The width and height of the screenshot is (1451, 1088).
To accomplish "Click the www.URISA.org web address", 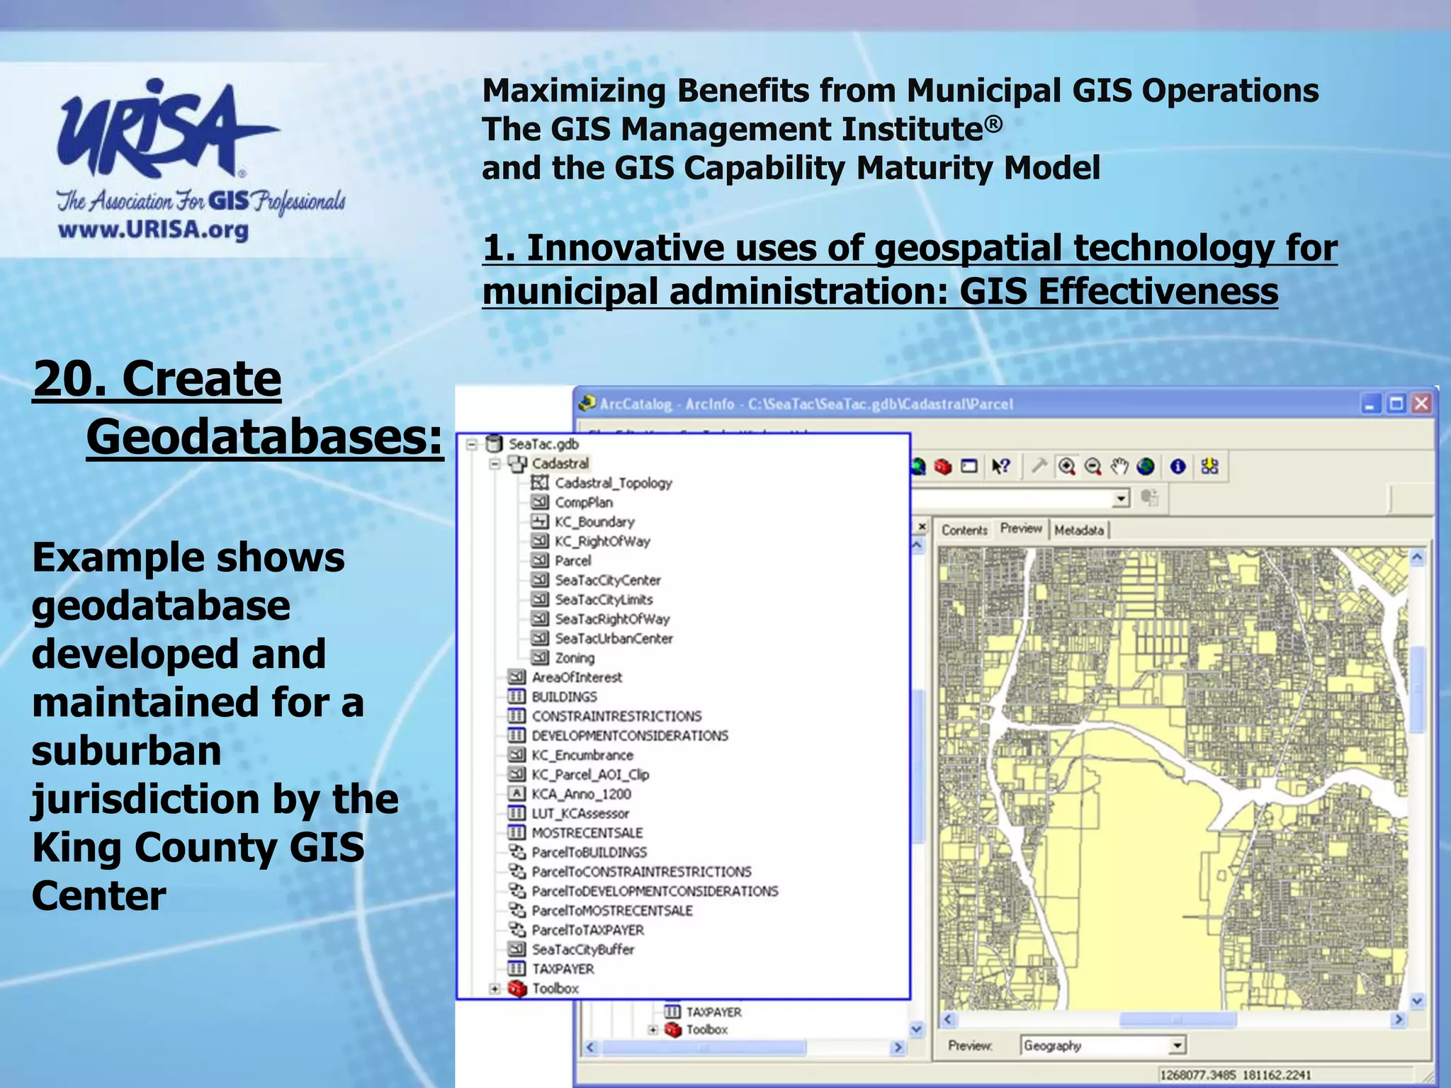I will click(153, 230).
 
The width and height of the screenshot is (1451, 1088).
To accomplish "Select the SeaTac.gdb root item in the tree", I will click(543, 444).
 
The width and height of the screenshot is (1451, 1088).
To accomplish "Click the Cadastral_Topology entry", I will click(613, 483).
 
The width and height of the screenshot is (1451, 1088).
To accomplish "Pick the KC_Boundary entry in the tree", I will click(594, 522).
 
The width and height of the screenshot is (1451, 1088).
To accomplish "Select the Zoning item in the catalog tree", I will click(574, 658).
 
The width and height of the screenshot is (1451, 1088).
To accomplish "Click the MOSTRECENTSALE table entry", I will click(587, 833).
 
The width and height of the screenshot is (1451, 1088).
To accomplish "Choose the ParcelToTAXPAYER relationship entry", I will click(587, 930).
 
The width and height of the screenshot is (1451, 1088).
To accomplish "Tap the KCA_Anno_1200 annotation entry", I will click(581, 794).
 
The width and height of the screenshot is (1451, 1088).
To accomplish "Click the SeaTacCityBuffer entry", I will click(582, 949).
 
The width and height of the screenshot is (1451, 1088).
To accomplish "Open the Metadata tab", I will click(1079, 530).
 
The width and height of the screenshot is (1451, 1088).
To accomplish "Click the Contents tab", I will click(964, 530).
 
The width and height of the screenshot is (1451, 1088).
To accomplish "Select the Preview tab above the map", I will click(1021, 528).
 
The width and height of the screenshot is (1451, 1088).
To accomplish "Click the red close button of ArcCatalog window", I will click(1421, 404).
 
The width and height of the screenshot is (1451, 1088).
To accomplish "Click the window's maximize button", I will click(1396, 404).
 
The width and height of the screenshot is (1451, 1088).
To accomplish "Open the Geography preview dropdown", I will click(1177, 1045).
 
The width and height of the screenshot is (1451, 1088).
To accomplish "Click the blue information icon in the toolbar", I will click(1178, 466).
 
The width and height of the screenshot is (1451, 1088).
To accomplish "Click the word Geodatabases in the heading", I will click(264, 437).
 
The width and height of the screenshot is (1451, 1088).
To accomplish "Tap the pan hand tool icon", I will click(1119, 466).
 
